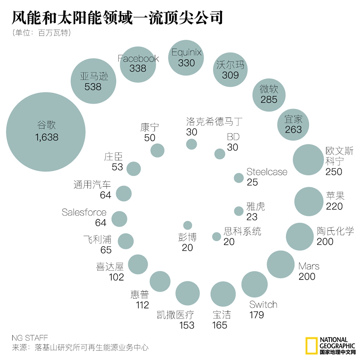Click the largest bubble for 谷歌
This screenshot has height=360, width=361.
coord(46,132)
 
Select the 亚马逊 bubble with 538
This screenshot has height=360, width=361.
coord(93,81)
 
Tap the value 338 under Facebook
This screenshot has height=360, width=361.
coord(138,68)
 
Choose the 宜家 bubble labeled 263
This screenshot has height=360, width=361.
coord(294,124)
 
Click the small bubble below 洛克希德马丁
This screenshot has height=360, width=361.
coord(191,144)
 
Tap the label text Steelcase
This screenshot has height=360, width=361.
coord(267,172)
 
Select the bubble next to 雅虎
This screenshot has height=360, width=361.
coord(238,211)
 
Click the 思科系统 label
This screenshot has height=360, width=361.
coord(242,231)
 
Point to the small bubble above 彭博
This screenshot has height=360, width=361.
coord(187,225)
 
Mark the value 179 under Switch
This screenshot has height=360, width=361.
coord(257,315)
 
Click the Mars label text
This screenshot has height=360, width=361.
coord(308,266)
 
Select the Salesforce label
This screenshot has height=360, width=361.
coord(84,212)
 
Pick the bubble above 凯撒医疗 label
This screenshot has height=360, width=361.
coord(187,293)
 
